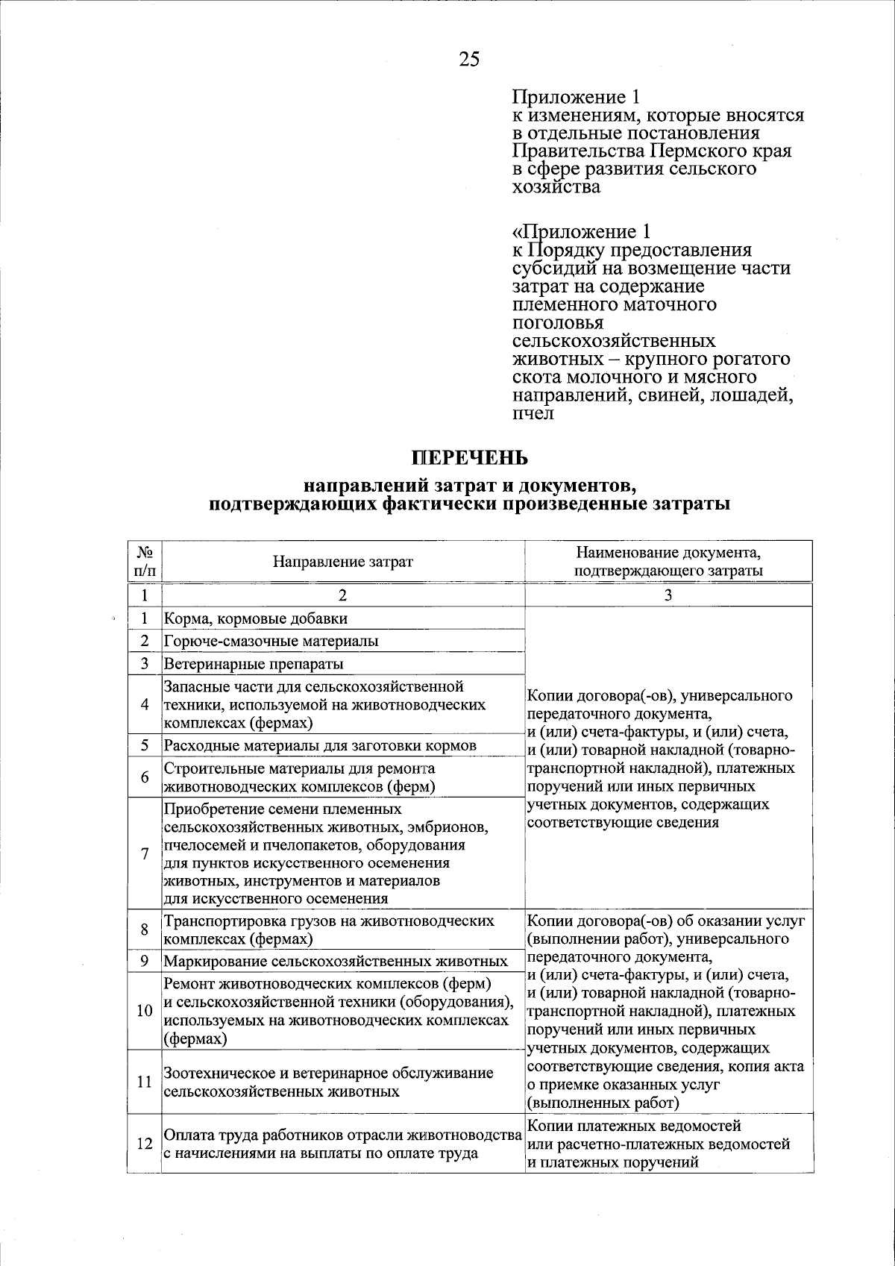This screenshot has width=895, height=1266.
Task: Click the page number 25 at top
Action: (x=469, y=60)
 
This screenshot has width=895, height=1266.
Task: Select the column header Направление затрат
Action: (x=342, y=562)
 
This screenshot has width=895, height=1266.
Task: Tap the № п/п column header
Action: (x=145, y=562)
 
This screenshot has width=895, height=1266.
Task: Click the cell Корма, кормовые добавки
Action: (x=256, y=618)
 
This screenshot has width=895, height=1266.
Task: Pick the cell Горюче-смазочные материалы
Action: (x=271, y=641)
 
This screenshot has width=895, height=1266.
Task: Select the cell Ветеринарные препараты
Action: (x=254, y=663)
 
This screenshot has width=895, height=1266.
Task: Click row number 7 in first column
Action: (x=145, y=853)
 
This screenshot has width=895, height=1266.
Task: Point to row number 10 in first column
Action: (x=145, y=1011)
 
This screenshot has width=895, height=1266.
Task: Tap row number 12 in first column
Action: (x=145, y=1143)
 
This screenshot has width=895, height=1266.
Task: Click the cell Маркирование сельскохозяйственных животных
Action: (x=336, y=961)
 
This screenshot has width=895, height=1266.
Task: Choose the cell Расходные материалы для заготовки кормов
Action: (x=320, y=745)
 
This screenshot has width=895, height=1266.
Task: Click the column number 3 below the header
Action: (x=668, y=595)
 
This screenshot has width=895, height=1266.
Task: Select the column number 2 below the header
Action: (x=342, y=595)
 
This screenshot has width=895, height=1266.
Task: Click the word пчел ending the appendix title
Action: (x=533, y=413)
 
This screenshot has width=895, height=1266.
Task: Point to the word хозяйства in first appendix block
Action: (x=556, y=187)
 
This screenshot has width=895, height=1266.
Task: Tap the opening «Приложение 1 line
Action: (x=576, y=232)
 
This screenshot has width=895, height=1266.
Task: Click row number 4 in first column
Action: (x=145, y=704)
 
